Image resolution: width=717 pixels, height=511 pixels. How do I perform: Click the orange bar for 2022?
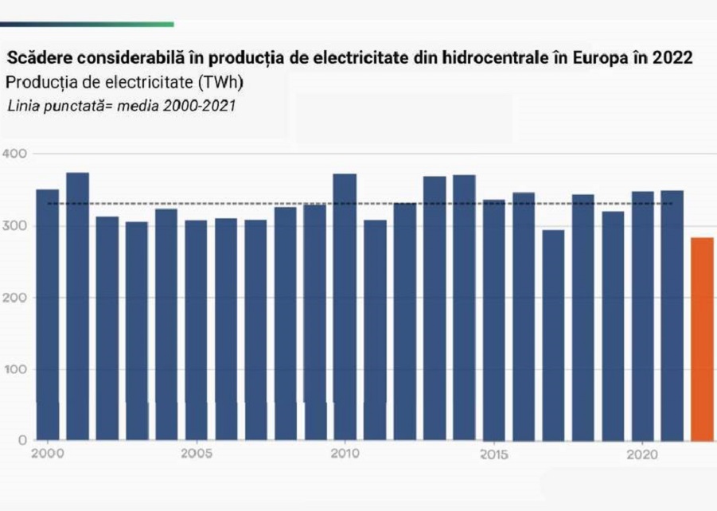[x=702, y=338]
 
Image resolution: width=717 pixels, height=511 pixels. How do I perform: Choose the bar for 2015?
[x=493, y=319]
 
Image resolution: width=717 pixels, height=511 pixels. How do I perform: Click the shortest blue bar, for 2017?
[x=553, y=335]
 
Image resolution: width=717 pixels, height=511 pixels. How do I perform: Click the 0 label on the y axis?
[x=21, y=440]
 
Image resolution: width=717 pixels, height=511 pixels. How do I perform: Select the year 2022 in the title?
[x=672, y=59]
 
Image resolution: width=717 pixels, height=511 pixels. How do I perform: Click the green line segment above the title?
[x=87, y=24]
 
